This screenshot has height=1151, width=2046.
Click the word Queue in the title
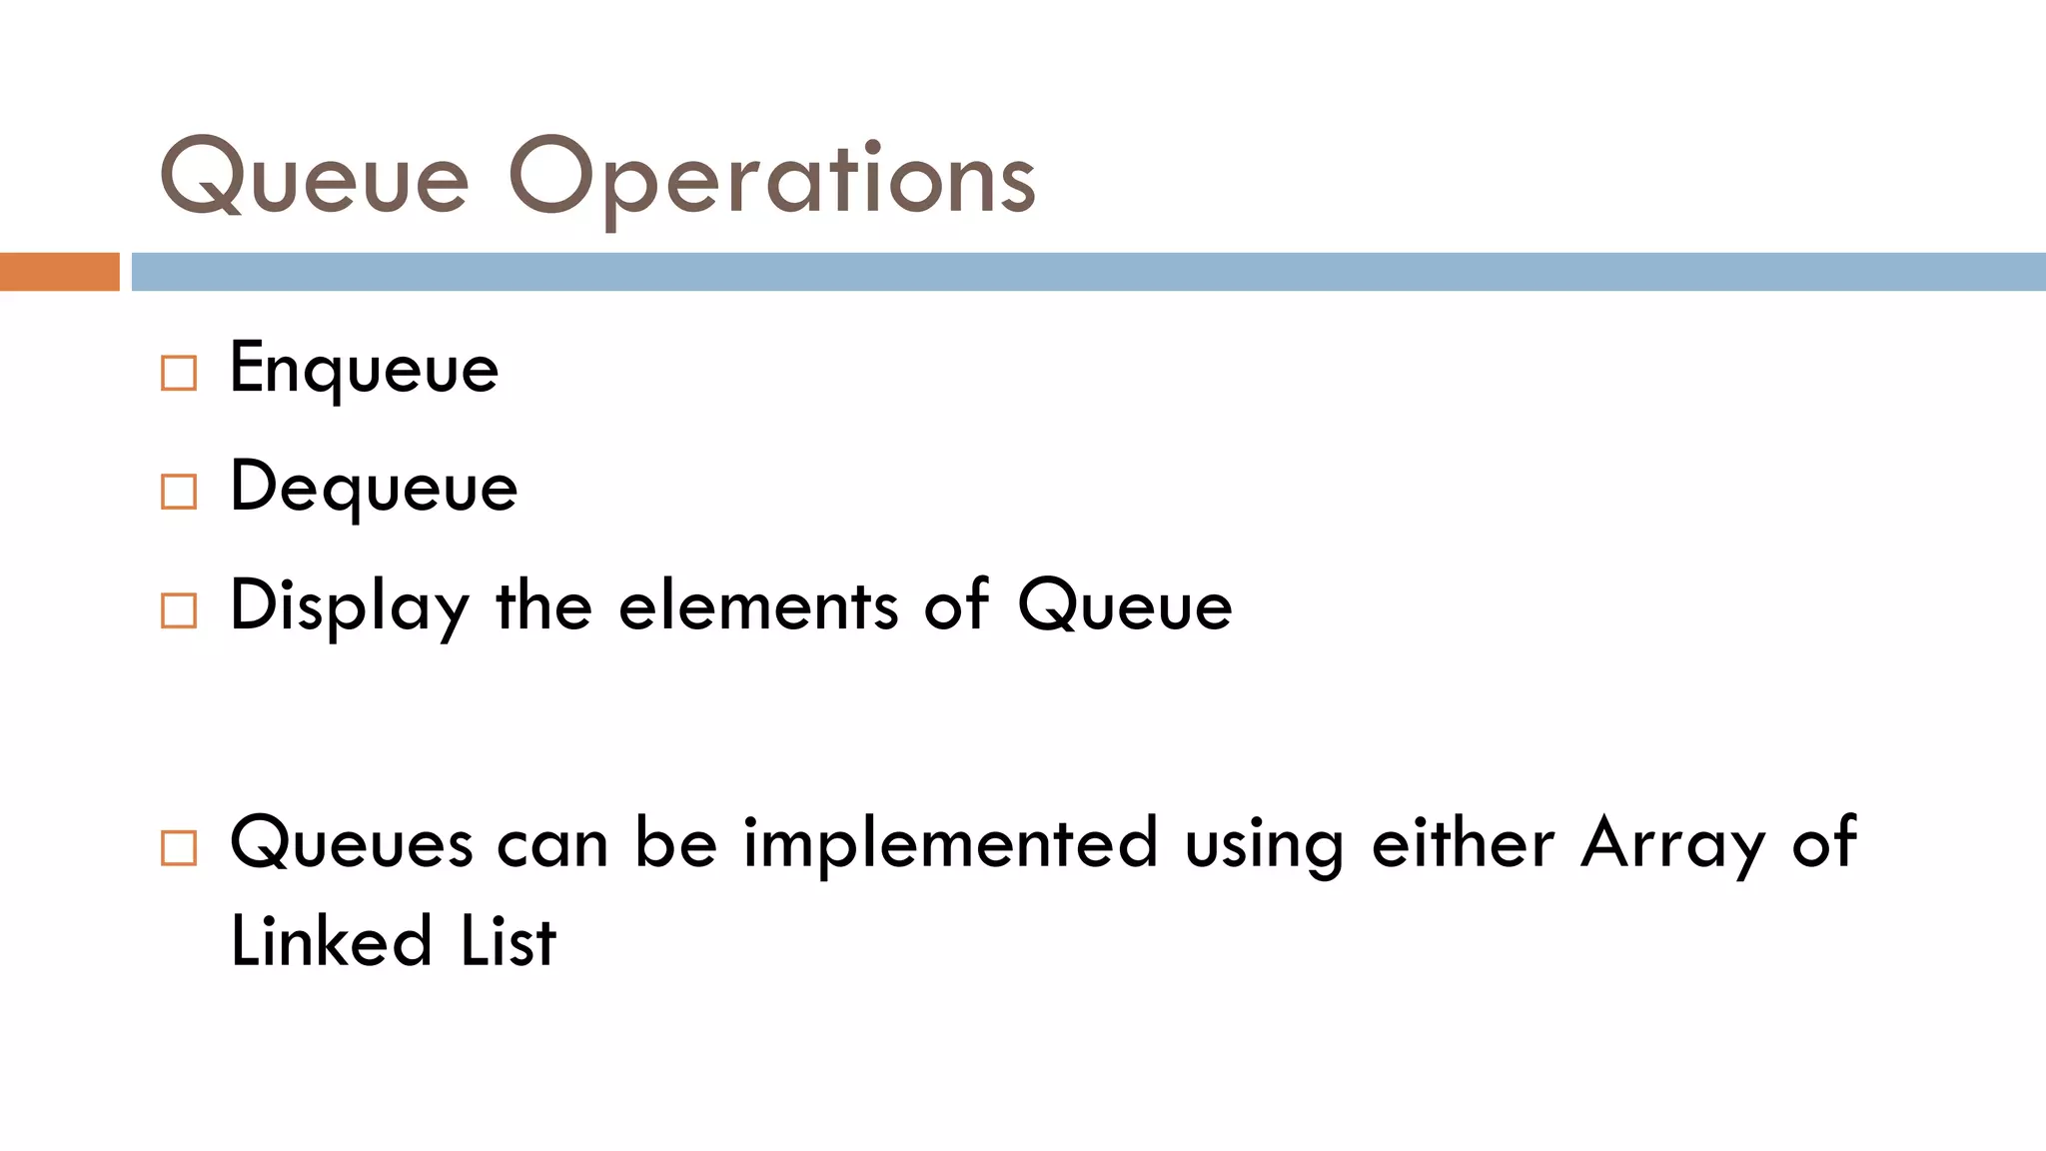point(315,178)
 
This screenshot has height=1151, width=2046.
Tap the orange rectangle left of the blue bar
point(59,272)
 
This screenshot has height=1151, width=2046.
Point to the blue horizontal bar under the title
point(1088,272)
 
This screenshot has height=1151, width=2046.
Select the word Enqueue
point(364,370)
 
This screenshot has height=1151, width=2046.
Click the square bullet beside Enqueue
point(179,373)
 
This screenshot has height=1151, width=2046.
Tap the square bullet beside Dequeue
point(179,492)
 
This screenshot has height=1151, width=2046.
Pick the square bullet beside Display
point(179,610)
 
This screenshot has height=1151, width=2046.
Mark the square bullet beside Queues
point(179,848)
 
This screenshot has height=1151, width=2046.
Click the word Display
point(350,607)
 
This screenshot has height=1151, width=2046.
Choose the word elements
point(758,607)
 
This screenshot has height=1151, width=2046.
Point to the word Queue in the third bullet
point(1125,607)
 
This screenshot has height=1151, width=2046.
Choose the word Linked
point(332,941)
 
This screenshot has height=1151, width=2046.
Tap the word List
point(508,941)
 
